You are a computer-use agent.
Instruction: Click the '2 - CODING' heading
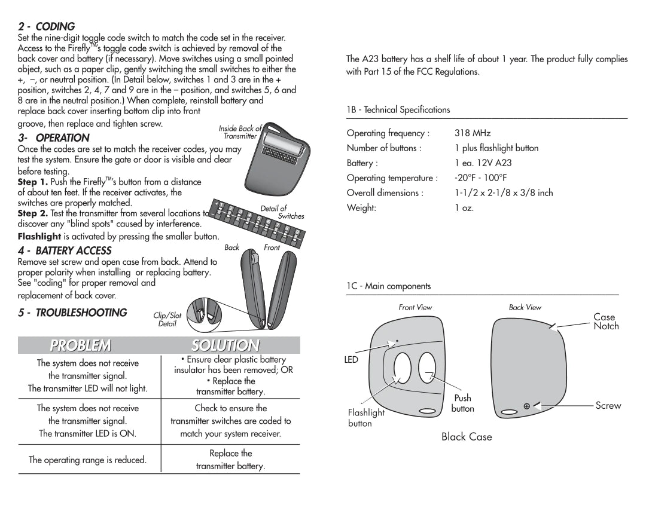pos(46,27)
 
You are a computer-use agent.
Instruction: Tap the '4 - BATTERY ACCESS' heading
pos(65,251)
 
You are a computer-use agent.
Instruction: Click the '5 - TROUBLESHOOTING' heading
pos(72,313)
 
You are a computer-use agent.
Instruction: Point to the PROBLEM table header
pos(80,345)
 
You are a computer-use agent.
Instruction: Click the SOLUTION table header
pos(226,345)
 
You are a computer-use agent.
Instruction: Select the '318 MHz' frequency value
pos(473,133)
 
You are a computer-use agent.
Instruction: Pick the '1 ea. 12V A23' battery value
pos(483,163)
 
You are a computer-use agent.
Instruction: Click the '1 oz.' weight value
pos(464,208)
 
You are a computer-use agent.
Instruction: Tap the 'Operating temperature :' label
pos(392,178)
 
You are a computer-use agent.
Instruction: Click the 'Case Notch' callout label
pos(605,322)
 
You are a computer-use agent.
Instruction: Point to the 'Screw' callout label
pos(608,406)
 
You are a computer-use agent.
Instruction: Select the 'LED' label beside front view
pos(351,360)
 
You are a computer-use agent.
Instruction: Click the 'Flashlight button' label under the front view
pos(366,418)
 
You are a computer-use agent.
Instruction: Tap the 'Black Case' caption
pos(467,437)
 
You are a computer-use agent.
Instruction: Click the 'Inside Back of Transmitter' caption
pos(240,132)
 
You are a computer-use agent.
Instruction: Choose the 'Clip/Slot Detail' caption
pos(167,320)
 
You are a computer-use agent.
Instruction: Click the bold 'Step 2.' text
pos(33,213)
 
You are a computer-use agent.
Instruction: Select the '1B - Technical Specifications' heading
pos(398,110)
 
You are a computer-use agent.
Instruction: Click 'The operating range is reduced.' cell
pos(87,460)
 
